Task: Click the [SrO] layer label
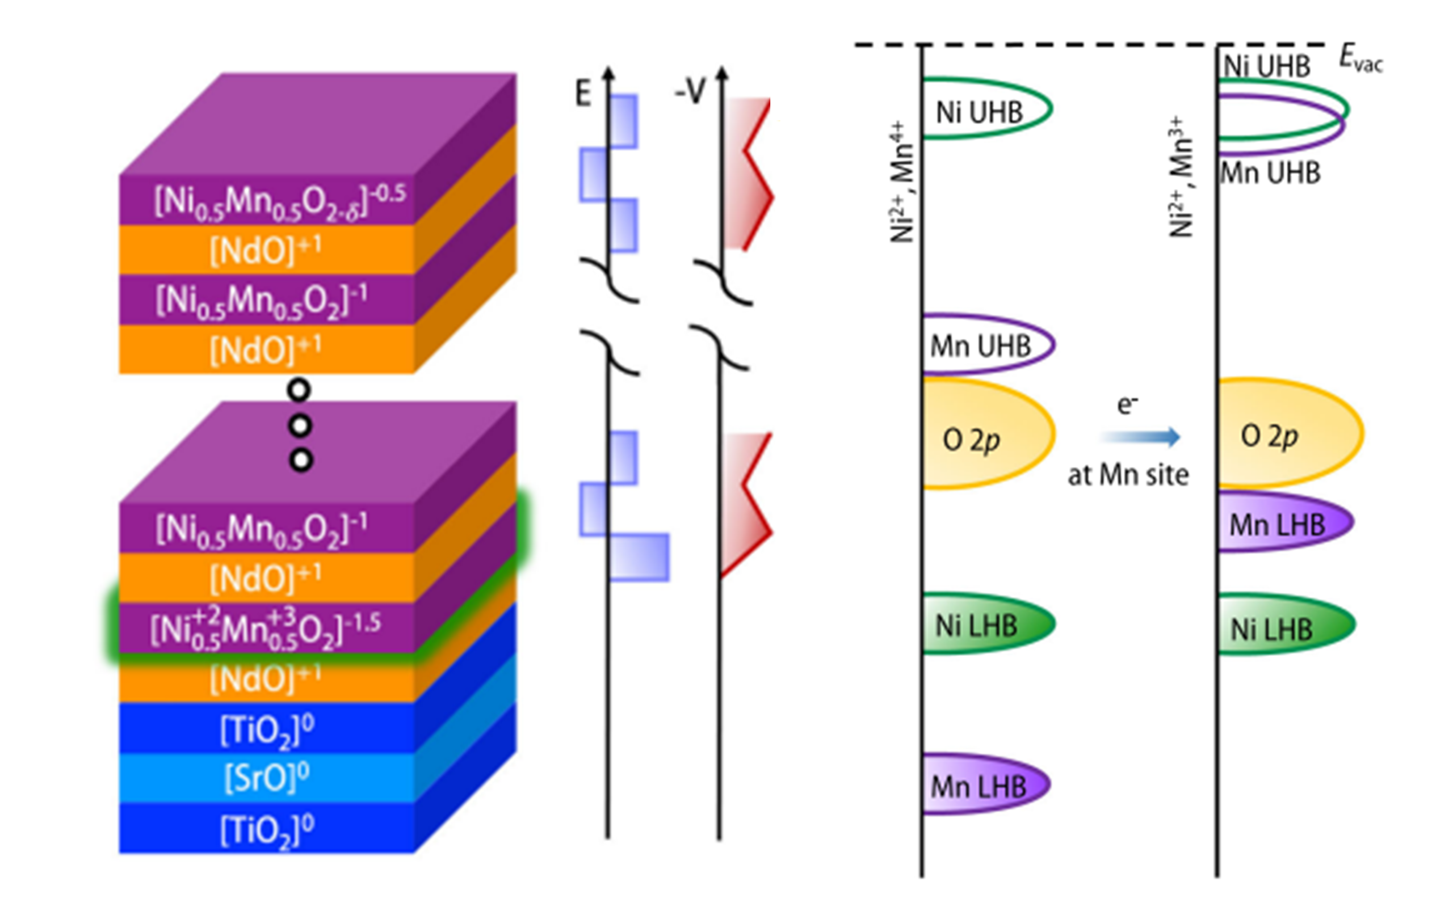click(267, 778)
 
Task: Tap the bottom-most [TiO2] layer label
click(267, 830)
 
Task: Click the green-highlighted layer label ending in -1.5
click(266, 629)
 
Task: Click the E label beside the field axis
click(583, 94)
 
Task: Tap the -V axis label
click(690, 92)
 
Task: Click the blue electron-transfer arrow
click(1140, 437)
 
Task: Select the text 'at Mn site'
click(1128, 475)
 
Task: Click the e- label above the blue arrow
click(1127, 404)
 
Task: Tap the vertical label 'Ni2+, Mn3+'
click(1182, 179)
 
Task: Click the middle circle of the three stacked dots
click(300, 426)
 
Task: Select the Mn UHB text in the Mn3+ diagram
click(1270, 174)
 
